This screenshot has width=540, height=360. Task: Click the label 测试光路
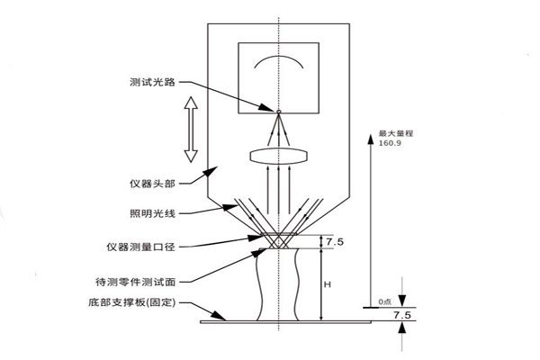click(152, 80)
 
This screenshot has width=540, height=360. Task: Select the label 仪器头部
click(152, 184)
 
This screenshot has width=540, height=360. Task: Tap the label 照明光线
click(152, 213)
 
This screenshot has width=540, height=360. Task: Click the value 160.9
click(391, 143)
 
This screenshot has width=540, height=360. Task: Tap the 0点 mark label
click(385, 301)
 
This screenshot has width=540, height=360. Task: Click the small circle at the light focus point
click(279, 112)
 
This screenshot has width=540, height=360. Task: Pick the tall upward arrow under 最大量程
click(370, 216)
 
